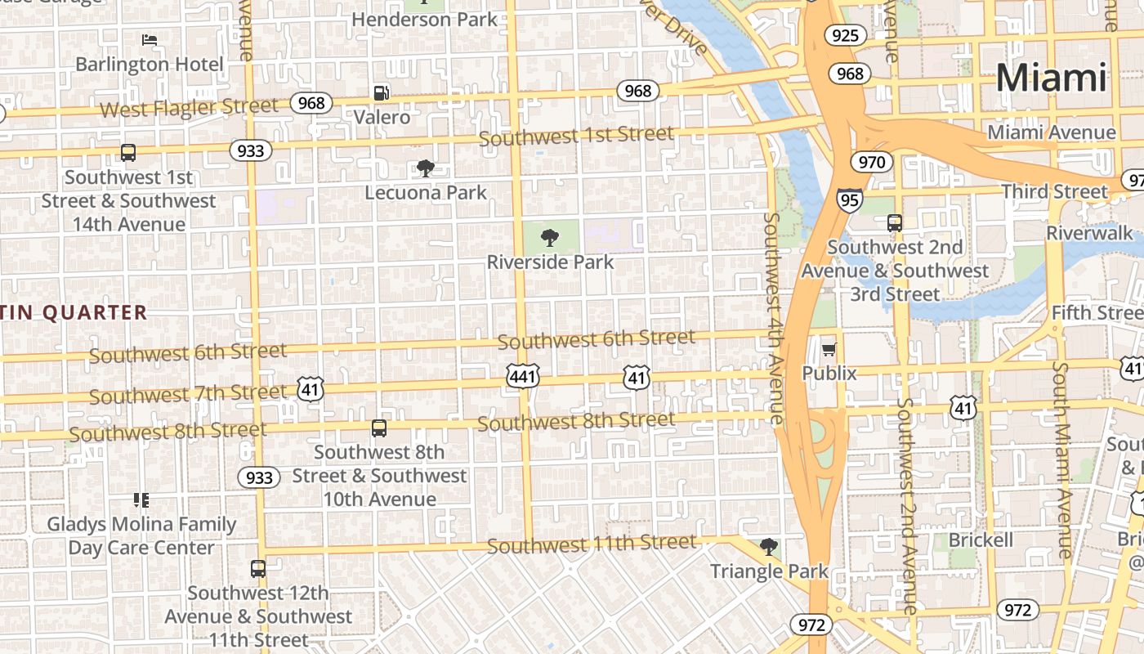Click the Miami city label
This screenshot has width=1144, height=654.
click(x=1051, y=78)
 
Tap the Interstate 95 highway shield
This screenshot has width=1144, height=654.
click(x=849, y=199)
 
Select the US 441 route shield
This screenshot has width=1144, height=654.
click(x=522, y=376)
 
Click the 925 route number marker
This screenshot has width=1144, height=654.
click(x=845, y=35)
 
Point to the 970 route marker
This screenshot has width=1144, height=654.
click(x=871, y=162)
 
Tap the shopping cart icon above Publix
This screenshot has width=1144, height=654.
click(x=829, y=350)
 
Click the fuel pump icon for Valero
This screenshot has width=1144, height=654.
click(x=381, y=93)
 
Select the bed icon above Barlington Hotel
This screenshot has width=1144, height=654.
click(x=149, y=39)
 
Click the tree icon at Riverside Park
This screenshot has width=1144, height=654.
click(x=550, y=238)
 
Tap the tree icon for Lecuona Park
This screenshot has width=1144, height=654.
click(x=425, y=168)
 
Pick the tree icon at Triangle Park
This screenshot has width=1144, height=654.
click(x=768, y=546)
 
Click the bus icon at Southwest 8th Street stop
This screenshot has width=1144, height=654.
click(x=378, y=428)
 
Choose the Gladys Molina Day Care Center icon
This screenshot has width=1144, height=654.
click(x=141, y=499)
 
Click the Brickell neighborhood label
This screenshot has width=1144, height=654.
click(x=981, y=540)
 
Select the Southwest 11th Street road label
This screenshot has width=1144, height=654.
click(x=592, y=544)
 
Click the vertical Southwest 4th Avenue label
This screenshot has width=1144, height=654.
click(x=773, y=319)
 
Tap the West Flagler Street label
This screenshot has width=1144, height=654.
click(x=189, y=107)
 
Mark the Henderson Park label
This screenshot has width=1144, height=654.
click(x=424, y=19)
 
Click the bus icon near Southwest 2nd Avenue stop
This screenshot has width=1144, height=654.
click(x=895, y=222)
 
